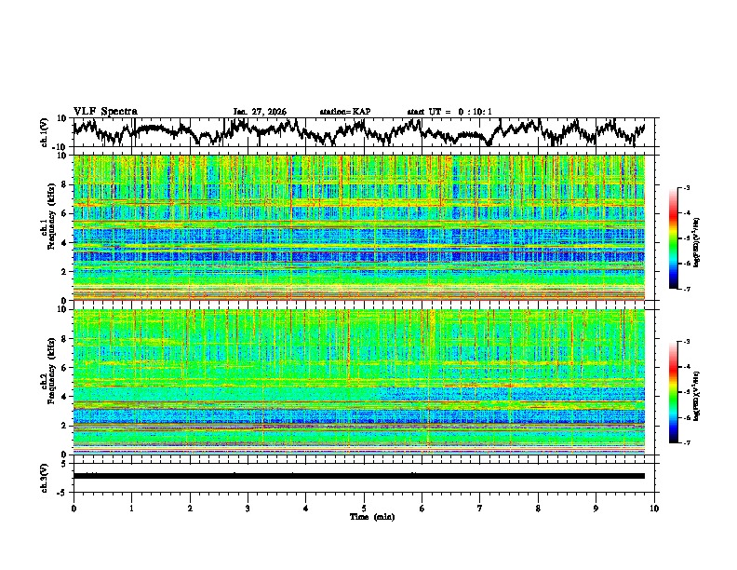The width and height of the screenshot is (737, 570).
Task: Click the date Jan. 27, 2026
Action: [260, 112]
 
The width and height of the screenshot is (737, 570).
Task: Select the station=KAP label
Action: [344, 112]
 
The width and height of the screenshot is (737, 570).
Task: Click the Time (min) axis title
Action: [364, 516]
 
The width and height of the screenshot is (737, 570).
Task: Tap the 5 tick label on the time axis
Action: [364, 508]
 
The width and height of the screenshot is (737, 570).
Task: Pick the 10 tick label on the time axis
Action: [654, 508]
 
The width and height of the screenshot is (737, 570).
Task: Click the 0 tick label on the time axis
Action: [74, 508]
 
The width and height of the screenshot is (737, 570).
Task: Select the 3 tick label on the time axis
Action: [248, 508]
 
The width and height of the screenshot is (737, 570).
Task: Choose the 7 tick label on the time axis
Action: [480, 508]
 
